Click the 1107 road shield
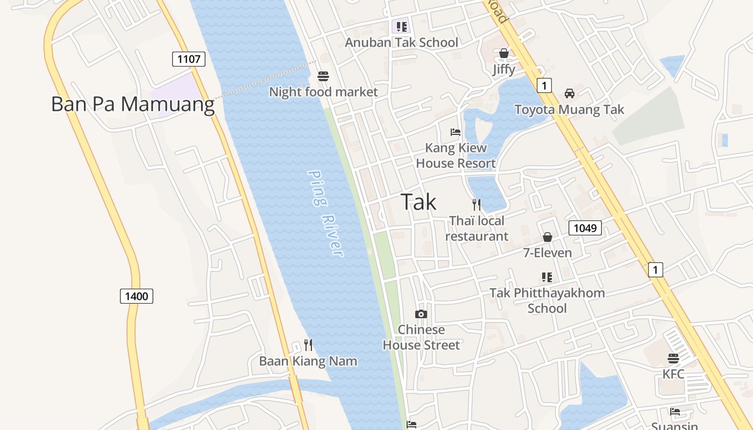[x=189, y=59]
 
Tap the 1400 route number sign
[x=137, y=296]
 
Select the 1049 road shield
[x=585, y=228]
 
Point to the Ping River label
[x=325, y=213]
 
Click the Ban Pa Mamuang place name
[x=132, y=104]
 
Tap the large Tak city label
[x=418, y=202]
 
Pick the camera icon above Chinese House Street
[x=421, y=314]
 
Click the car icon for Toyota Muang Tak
[x=569, y=94]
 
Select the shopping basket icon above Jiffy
[x=504, y=53]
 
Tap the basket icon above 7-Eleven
[x=548, y=237]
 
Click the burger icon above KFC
[x=673, y=358]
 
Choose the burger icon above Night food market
[x=323, y=76]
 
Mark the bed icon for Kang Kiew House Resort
[x=456, y=132]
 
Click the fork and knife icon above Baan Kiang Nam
[x=308, y=345]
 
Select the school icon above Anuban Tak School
[x=401, y=26]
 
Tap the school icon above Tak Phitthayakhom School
[x=547, y=277]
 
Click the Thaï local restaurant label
[x=477, y=228]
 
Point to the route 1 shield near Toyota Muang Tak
[x=544, y=85]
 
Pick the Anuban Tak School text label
[x=401, y=42]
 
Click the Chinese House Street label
[x=421, y=337]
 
